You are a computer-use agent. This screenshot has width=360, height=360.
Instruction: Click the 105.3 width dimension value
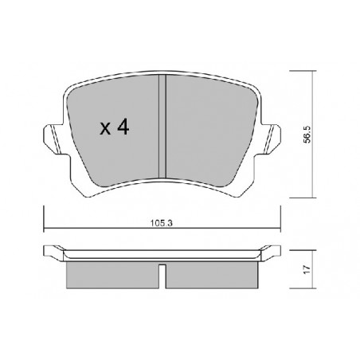pyautogui.click(x=162, y=223)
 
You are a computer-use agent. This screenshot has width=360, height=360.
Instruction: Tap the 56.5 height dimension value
pyautogui.click(x=307, y=135)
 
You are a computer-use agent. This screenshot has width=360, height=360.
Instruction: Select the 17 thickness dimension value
pyautogui.click(x=307, y=269)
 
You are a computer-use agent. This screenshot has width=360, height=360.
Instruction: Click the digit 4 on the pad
pyautogui.click(x=123, y=127)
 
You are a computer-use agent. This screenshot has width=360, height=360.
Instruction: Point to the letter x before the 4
pyautogui.click(x=105, y=128)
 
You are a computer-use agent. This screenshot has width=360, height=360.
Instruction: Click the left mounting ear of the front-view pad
pyautogui.click(x=54, y=139)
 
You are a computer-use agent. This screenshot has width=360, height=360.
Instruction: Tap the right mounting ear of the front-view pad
pyautogui.click(x=270, y=139)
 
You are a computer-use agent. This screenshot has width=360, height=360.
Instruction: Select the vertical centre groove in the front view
pyautogui.click(x=162, y=127)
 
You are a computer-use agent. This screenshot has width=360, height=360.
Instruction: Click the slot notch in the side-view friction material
pyautogui.click(x=162, y=276)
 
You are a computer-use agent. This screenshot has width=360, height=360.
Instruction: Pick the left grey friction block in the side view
pyautogui.click(x=112, y=275)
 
